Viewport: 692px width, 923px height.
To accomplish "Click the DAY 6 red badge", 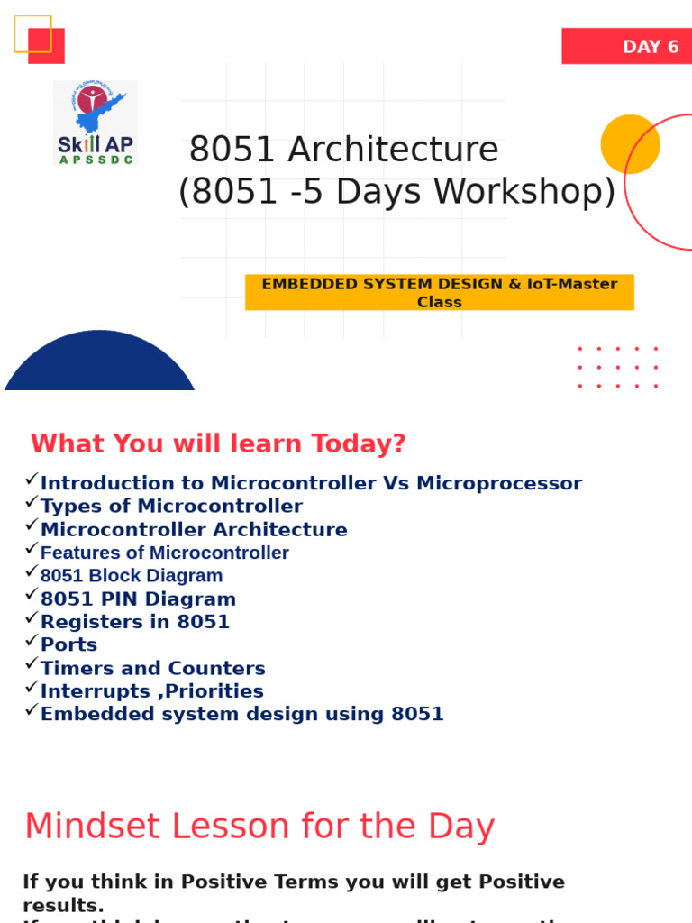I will (x=626, y=47).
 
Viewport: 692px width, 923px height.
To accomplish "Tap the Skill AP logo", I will (x=95, y=123).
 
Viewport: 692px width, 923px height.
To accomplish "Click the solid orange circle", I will (x=630, y=144).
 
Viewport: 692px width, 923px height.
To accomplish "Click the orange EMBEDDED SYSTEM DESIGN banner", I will (x=439, y=292).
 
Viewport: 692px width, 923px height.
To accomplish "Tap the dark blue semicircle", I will (x=100, y=365).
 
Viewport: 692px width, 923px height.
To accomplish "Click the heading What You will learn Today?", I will (x=218, y=443).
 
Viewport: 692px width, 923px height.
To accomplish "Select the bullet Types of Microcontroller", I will (x=171, y=506).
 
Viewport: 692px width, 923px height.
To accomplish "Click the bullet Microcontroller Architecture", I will (x=194, y=529).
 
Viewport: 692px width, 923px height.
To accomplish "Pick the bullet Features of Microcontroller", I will (x=165, y=553).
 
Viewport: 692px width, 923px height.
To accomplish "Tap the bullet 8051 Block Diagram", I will (x=132, y=575).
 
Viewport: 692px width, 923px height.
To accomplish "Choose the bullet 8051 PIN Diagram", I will (x=138, y=599).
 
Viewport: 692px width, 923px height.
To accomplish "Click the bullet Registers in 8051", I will (x=135, y=621).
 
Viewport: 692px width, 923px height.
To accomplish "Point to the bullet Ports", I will (x=68, y=644).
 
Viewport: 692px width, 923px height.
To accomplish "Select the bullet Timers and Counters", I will (x=153, y=668).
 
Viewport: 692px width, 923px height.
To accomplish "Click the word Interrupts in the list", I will (x=96, y=691).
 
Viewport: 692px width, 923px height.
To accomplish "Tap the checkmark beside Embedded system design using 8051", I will (x=32, y=710).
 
